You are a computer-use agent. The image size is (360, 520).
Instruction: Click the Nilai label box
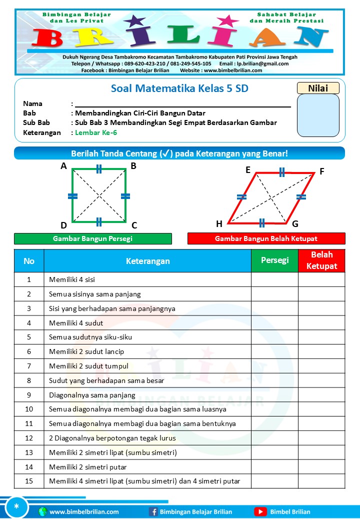coord(318,88)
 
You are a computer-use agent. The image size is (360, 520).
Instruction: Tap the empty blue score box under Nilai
coord(318,115)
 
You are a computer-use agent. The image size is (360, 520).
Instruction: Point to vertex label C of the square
coord(134,225)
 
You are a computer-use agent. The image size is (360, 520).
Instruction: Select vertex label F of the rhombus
coord(322,171)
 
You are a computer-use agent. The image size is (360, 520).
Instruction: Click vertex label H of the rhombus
coord(219,223)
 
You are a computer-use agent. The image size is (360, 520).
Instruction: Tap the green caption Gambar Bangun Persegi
coord(92,239)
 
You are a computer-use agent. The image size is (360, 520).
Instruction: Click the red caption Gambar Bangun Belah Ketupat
coord(266,239)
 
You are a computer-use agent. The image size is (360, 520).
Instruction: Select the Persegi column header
coord(274,260)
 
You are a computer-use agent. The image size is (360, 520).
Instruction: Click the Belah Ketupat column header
coord(321,260)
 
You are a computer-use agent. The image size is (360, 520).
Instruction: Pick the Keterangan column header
coord(147,261)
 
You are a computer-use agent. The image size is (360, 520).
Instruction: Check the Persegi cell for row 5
coord(274,337)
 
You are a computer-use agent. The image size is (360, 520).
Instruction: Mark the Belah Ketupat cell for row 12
coord(321,438)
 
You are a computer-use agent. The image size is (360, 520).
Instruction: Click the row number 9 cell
coord(29,395)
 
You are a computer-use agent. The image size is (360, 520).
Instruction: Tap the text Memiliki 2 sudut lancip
coord(86,351)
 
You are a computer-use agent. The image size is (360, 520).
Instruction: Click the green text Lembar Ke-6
coord(96,132)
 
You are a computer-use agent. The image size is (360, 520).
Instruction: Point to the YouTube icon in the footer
coord(260,511)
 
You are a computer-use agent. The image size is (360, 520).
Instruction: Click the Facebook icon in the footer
coord(153,511)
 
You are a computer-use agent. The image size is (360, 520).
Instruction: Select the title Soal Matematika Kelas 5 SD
coord(179,89)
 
